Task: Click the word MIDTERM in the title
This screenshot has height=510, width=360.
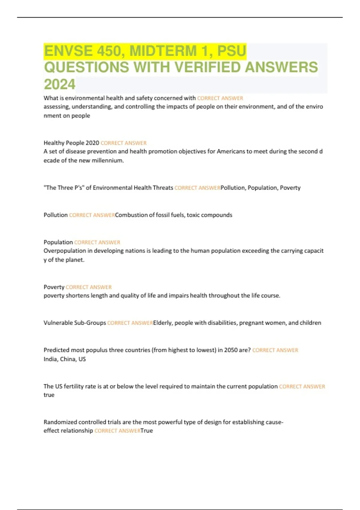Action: point(163,51)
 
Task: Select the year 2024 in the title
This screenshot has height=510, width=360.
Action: point(59,84)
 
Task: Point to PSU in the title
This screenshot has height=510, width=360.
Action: point(231,51)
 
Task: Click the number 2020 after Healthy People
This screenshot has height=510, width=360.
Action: point(92,143)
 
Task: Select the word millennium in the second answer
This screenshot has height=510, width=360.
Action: point(108,160)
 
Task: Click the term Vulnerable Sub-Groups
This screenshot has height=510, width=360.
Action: point(75,323)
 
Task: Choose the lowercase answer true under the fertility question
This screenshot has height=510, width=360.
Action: point(49,395)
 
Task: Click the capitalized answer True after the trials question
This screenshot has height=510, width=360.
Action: point(147,431)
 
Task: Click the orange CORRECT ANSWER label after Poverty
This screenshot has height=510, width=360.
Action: point(88,287)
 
